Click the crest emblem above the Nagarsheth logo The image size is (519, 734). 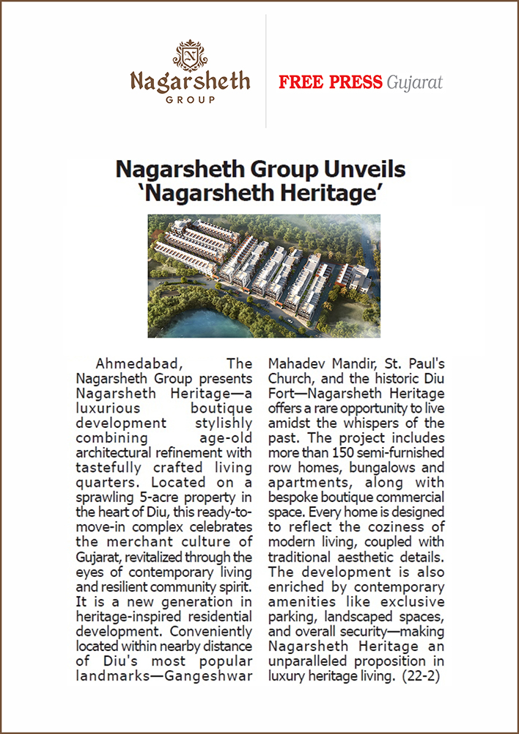189,54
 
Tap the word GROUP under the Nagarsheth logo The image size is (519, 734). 189,99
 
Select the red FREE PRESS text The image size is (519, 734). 330,81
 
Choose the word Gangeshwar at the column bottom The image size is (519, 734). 213,675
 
